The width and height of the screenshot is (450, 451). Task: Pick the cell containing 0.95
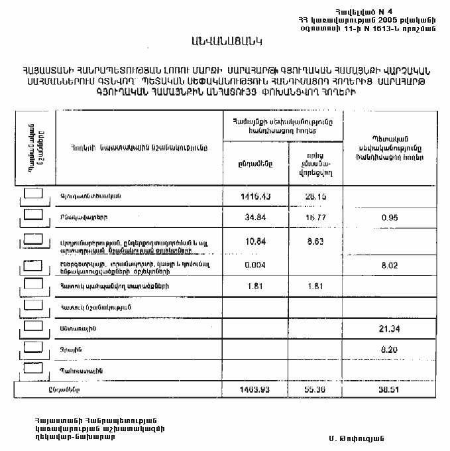389,217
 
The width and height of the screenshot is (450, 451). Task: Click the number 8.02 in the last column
389,265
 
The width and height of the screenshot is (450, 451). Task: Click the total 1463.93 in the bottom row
255,390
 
